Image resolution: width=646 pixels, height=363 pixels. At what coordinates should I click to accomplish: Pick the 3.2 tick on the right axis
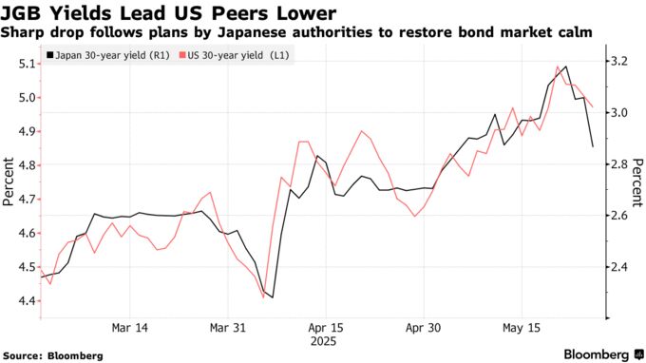pos(618,61)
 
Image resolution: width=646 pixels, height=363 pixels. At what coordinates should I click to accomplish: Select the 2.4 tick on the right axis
pos(618,268)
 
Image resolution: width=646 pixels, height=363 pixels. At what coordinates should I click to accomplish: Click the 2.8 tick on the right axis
pos(618,164)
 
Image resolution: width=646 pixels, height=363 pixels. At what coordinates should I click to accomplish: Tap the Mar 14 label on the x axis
pos(129,327)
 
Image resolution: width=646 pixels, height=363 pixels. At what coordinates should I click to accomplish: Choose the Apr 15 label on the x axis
pos(325,327)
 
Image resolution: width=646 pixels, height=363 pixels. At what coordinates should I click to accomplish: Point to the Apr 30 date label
pos(423,327)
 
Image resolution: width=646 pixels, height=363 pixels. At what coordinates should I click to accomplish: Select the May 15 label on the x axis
pos(521,327)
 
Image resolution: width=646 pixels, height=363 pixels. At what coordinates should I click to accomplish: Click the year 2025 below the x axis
pos(325,339)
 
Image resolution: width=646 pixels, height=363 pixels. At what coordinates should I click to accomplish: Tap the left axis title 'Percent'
pos(9,182)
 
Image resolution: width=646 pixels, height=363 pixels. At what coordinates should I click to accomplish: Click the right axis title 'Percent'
pos(637,182)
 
